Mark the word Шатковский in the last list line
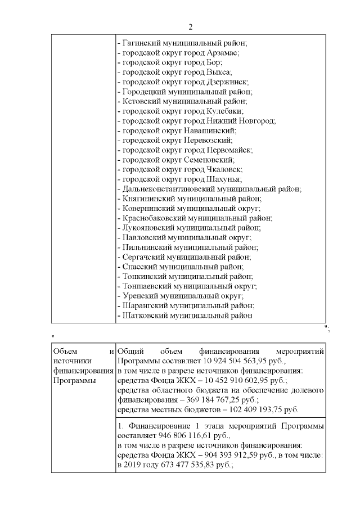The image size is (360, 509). (x=143, y=316)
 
